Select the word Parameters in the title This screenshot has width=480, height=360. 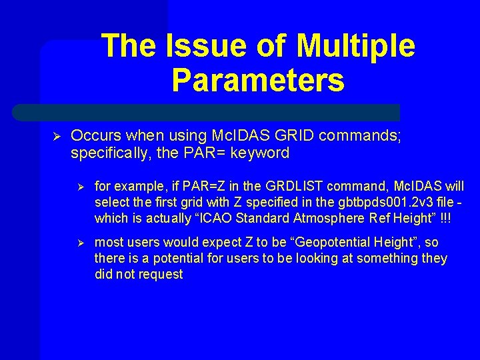[258, 79]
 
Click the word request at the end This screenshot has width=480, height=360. [161, 274]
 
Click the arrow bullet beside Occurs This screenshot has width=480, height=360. [57, 136]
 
